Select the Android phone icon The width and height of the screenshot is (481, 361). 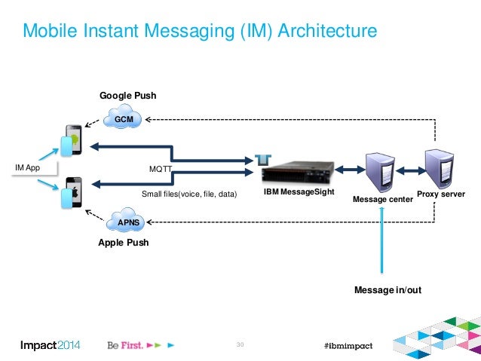(72, 140)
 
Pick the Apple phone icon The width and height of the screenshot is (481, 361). (72, 193)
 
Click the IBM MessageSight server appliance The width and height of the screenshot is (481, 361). (297, 173)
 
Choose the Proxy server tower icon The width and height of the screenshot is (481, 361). (440, 169)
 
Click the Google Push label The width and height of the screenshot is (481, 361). (128, 96)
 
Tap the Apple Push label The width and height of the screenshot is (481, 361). (124, 243)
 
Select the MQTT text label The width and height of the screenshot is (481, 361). (160, 169)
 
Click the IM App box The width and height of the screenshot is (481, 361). (34, 168)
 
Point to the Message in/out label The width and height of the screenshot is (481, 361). (388, 290)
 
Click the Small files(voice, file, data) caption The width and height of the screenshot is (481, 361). (189, 194)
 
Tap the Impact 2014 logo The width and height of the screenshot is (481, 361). (50, 345)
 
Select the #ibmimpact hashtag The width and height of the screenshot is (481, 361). (348, 346)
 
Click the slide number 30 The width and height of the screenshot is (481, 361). (240, 344)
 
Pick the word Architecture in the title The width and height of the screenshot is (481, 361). (327, 30)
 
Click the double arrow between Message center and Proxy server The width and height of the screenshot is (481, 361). (410, 170)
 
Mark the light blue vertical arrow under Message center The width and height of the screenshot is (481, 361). (382, 240)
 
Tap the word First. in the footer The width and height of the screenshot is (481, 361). (132, 345)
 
